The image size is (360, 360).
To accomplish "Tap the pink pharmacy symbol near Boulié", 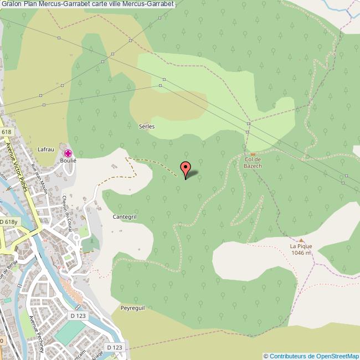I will pyautogui.click(x=68, y=153).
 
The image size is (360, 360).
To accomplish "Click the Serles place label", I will pyautogui.click(x=147, y=126).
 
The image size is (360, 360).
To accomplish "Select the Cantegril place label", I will pyautogui.click(x=124, y=217).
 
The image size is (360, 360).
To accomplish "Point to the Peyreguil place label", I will pyautogui.click(x=132, y=307).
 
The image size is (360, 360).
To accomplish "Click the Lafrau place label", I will pyautogui.click(x=45, y=150).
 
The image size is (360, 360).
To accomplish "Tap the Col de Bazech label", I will pyautogui.click(x=253, y=162).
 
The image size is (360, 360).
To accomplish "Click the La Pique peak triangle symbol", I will pyautogui.click(x=301, y=240).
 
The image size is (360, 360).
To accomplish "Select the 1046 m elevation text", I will pyautogui.click(x=301, y=253).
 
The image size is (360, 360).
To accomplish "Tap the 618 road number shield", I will pyautogui.click(x=7, y=132).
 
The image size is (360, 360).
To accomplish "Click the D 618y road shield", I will pyautogui.click(x=9, y=222).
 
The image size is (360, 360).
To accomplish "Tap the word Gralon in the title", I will pyautogui.click(x=11, y=4).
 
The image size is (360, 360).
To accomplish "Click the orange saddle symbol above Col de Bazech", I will pyautogui.click(x=253, y=154).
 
